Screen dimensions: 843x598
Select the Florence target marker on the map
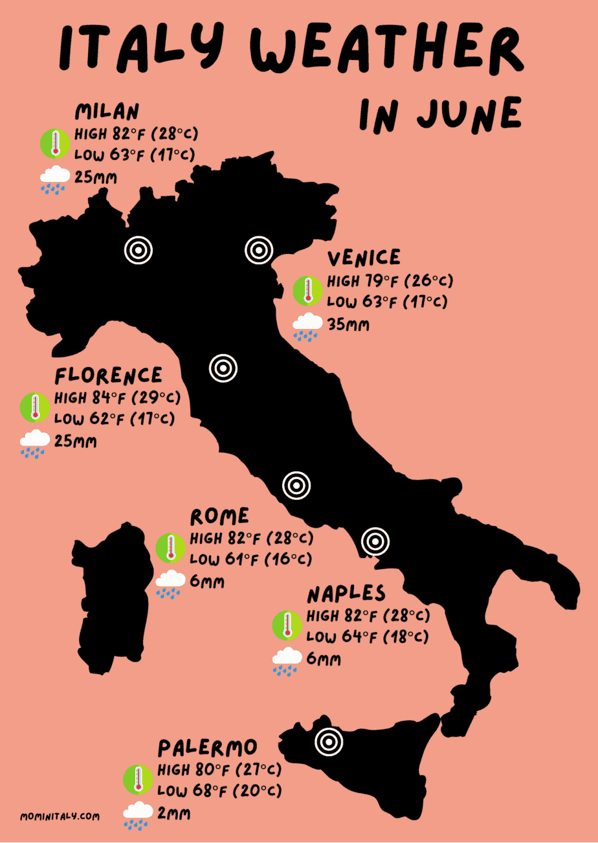point(223,368)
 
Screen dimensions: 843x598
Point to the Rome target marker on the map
point(296,485)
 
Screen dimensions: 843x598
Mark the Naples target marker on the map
point(375,541)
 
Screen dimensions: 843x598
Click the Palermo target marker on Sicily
point(328,742)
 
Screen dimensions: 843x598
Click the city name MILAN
point(107,112)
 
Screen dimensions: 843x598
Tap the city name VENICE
point(364,258)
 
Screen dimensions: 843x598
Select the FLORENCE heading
point(109,376)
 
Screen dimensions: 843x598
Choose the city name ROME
point(219,516)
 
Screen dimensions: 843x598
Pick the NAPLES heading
point(346,594)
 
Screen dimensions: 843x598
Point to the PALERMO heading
point(208,748)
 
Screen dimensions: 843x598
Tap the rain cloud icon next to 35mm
point(307,326)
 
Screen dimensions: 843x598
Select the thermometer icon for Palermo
point(137,780)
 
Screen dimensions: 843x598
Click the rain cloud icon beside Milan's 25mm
point(54,179)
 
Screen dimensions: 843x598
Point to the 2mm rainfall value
point(174,814)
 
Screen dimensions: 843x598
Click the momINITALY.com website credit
point(60,817)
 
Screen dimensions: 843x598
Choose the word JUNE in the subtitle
point(469,115)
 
